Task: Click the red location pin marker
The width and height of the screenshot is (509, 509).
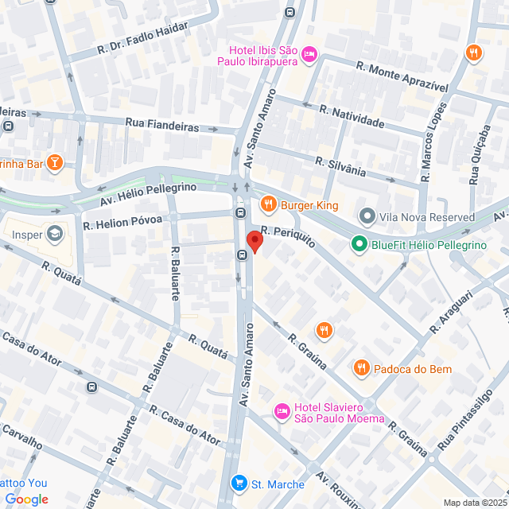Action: (x=254, y=241)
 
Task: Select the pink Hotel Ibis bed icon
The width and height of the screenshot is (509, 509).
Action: (x=310, y=53)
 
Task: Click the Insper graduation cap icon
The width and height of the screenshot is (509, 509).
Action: (x=54, y=235)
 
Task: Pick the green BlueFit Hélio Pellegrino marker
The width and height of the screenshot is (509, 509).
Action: (x=359, y=245)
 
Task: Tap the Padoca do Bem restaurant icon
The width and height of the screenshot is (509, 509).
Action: (x=362, y=368)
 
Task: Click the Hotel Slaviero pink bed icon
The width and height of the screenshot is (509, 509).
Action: (x=282, y=411)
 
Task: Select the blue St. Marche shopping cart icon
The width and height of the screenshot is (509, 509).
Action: (x=239, y=484)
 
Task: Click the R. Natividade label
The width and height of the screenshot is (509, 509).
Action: (x=352, y=117)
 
